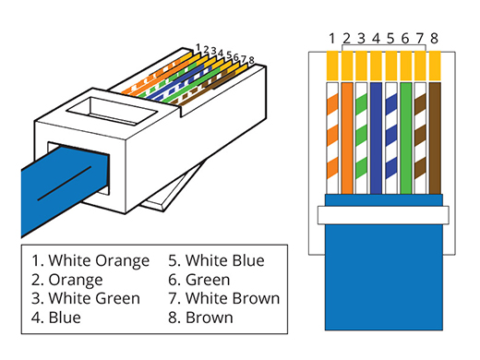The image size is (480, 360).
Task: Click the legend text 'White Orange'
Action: [99, 261]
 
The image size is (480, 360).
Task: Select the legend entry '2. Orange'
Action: [66, 280]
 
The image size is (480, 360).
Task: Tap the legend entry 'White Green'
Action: [94, 298]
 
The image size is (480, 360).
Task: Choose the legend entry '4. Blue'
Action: [56, 318]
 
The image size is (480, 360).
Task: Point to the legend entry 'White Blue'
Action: [225, 260]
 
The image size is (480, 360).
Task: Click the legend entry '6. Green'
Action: [199, 280]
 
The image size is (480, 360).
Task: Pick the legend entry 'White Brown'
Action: [233, 298]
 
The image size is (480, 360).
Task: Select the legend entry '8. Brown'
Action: [200, 318]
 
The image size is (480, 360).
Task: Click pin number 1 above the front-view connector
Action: [331, 39]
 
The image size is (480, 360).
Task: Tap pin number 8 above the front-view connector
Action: [434, 39]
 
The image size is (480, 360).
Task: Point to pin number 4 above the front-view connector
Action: [376, 39]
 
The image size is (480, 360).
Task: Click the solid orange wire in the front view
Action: [347, 138]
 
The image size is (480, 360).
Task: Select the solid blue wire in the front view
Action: [377, 138]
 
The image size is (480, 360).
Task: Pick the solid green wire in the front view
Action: [406, 138]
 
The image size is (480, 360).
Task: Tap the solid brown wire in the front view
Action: [435, 138]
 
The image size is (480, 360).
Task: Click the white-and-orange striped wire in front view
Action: [332, 138]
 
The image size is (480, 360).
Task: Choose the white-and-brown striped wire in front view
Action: [420, 138]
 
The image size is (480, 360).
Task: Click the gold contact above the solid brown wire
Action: [435, 66]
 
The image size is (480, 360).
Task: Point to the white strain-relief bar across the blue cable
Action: [383, 215]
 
